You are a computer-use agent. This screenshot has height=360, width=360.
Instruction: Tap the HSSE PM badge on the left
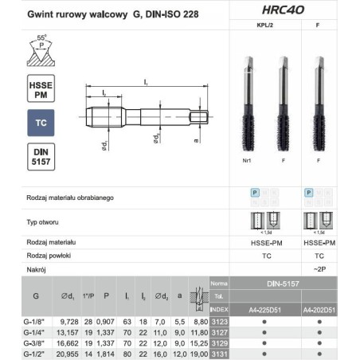[x=41, y=91]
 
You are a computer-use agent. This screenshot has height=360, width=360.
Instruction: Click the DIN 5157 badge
[x=41, y=158]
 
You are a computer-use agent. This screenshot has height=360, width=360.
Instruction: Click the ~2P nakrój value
[x=319, y=269]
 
